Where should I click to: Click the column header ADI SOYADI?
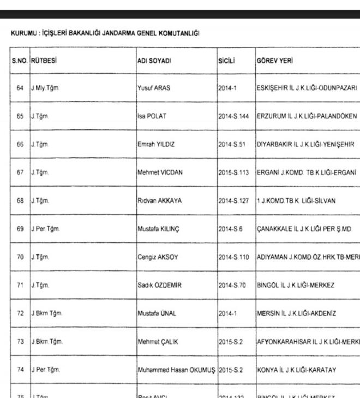[x=154, y=61]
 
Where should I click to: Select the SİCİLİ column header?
[x=226, y=61]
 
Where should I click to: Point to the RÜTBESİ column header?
[x=44, y=61]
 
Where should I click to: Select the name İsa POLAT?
[x=152, y=116]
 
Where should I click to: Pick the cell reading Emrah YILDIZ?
[x=156, y=144]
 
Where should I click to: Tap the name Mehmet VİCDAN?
[x=160, y=173]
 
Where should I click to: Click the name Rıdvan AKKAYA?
[x=159, y=201]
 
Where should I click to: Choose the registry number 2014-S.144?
[x=233, y=116]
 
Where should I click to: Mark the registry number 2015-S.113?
[x=233, y=173]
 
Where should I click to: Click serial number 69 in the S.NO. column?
[x=20, y=229]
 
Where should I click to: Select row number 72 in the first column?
[x=20, y=313]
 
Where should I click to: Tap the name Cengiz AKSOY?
[x=158, y=257]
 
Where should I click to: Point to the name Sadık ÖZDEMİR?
[x=159, y=285]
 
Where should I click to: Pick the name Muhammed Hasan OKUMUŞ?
[x=176, y=370]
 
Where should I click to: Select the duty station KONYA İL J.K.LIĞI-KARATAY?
[x=297, y=370]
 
